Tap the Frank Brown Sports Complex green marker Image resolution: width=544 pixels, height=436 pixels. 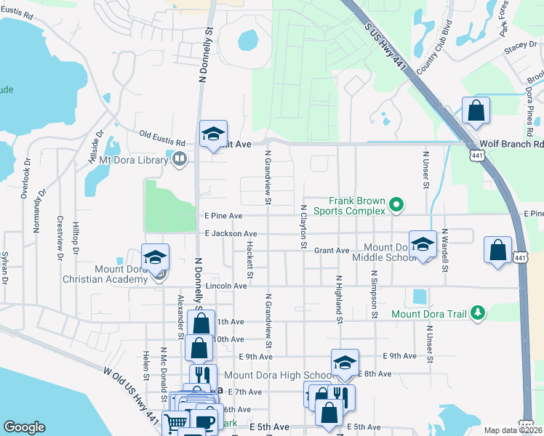click(x=396, y=206)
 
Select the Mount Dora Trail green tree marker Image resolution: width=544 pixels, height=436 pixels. click(x=478, y=313)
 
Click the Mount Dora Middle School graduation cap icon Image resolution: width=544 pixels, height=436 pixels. click(x=422, y=245)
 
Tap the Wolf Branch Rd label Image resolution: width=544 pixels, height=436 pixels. click(x=512, y=144)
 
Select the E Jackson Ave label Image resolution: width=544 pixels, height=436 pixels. click(x=228, y=233)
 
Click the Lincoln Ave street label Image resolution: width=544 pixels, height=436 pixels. click(x=226, y=286)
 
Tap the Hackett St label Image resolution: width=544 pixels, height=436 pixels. click(x=249, y=259)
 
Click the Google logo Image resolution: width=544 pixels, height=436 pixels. click(x=24, y=427)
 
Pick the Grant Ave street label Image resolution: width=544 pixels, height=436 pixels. click(x=332, y=251)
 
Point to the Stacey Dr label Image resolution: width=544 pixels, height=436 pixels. click(x=521, y=45)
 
